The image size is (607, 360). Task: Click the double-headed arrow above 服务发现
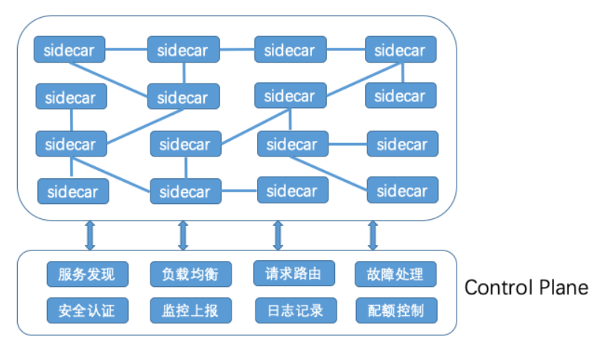pyautogui.click(x=90, y=235)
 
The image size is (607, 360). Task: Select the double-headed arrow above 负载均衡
pyautogui.click(x=183, y=235)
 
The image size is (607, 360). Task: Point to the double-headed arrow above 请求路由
pyautogui.click(x=278, y=235)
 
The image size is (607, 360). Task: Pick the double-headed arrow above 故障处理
pyautogui.click(x=373, y=235)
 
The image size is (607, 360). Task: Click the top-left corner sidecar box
pyautogui.click(x=70, y=50)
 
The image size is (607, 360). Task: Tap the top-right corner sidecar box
pyautogui.click(x=400, y=50)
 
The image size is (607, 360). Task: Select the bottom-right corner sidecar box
pyautogui.click(x=402, y=191)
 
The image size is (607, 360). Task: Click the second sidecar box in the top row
pyautogui.click(x=183, y=50)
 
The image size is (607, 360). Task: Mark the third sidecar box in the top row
pyautogui.click(x=290, y=50)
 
